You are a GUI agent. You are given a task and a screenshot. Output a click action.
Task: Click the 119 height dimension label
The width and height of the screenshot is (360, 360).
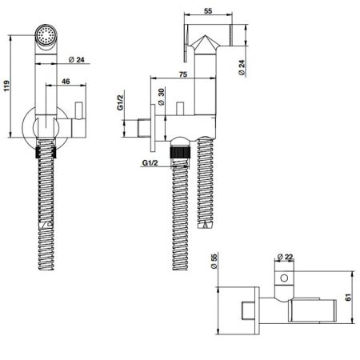(x=7, y=86)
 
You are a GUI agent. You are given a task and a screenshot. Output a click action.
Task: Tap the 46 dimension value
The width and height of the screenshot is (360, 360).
(x=66, y=81)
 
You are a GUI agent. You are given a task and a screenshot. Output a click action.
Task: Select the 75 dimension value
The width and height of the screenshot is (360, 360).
(x=183, y=74)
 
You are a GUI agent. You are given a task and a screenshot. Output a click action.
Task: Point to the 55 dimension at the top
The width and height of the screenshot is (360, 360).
(x=208, y=11)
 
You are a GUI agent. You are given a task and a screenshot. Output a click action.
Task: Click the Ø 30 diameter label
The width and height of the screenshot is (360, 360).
(x=162, y=97)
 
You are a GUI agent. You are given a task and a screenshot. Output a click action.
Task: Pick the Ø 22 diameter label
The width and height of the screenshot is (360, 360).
(x=285, y=257)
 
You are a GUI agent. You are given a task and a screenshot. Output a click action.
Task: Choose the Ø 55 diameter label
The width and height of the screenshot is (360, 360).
(x=214, y=261)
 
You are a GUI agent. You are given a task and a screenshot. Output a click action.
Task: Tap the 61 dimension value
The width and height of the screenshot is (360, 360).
(x=348, y=297)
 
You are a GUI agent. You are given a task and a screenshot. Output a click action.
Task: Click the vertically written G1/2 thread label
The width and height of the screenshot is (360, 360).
(x=120, y=102)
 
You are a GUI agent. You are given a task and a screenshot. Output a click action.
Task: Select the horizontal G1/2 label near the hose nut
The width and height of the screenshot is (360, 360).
(x=150, y=162)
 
